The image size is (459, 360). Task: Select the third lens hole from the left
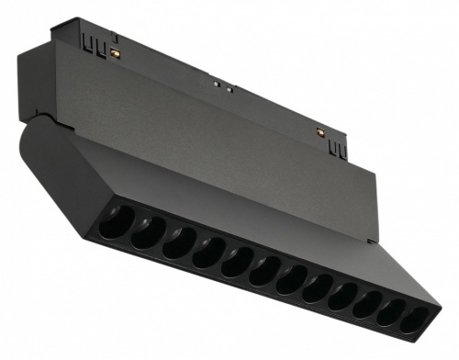(178, 242)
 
